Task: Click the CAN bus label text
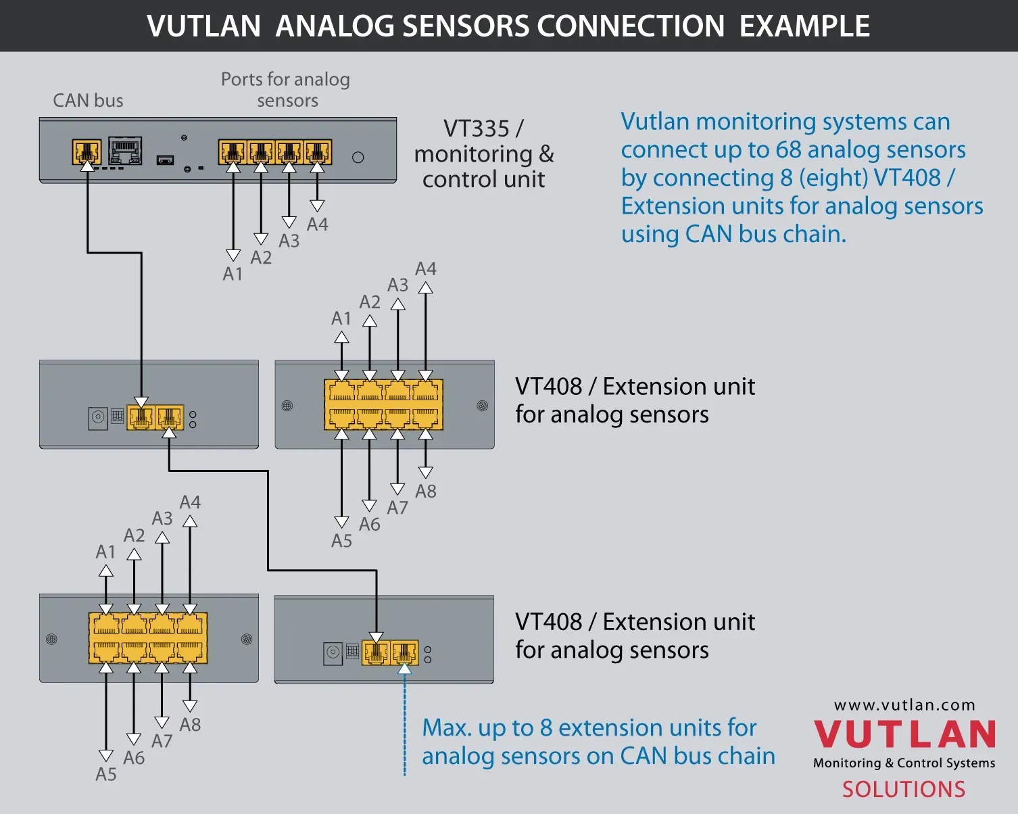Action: coord(88,101)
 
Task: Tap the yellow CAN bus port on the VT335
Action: coord(87,151)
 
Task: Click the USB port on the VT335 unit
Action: coord(165,160)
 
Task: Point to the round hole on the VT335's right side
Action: coord(358,158)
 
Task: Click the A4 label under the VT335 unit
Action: coord(317,224)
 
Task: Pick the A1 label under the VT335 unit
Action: coord(233,274)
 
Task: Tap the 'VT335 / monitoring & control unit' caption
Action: coord(483,154)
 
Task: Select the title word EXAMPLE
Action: coord(804,26)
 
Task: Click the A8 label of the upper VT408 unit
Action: coord(425,492)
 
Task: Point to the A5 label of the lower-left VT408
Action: coord(106,774)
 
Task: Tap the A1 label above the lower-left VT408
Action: coord(105,552)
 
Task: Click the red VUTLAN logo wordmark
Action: coord(904,734)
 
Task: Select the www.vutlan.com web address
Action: coord(904,705)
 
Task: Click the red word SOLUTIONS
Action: coord(904,789)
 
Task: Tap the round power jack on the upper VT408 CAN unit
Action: coord(98,417)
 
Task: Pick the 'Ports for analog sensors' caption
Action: coord(286,90)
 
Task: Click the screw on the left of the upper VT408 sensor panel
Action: coord(287,406)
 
